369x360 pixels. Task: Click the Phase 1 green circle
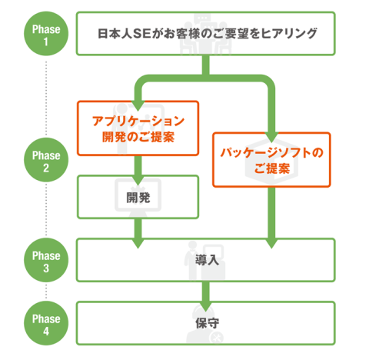[x=46, y=34]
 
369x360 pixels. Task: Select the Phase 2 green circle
[x=46, y=160]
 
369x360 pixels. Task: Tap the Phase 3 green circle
[x=46, y=260]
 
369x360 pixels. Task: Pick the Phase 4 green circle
[x=46, y=323]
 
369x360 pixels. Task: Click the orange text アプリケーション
[x=138, y=121]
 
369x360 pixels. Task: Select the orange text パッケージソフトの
[x=271, y=153]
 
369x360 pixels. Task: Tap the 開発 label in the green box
[x=138, y=198]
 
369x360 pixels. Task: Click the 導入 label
[x=207, y=260]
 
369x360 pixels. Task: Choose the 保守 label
[x=207, y=323]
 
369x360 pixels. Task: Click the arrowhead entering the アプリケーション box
[x=138, y=106]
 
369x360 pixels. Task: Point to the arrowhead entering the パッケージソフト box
[x=271, y=138]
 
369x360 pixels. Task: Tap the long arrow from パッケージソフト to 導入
[x=271, y=218]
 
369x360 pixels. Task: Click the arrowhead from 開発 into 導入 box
[x=138, y=244]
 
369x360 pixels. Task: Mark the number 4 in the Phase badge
[x=46, y=332]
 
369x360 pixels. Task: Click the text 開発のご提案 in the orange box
[x=138, y=137]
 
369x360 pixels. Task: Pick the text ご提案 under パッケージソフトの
[x=272, y=168]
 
